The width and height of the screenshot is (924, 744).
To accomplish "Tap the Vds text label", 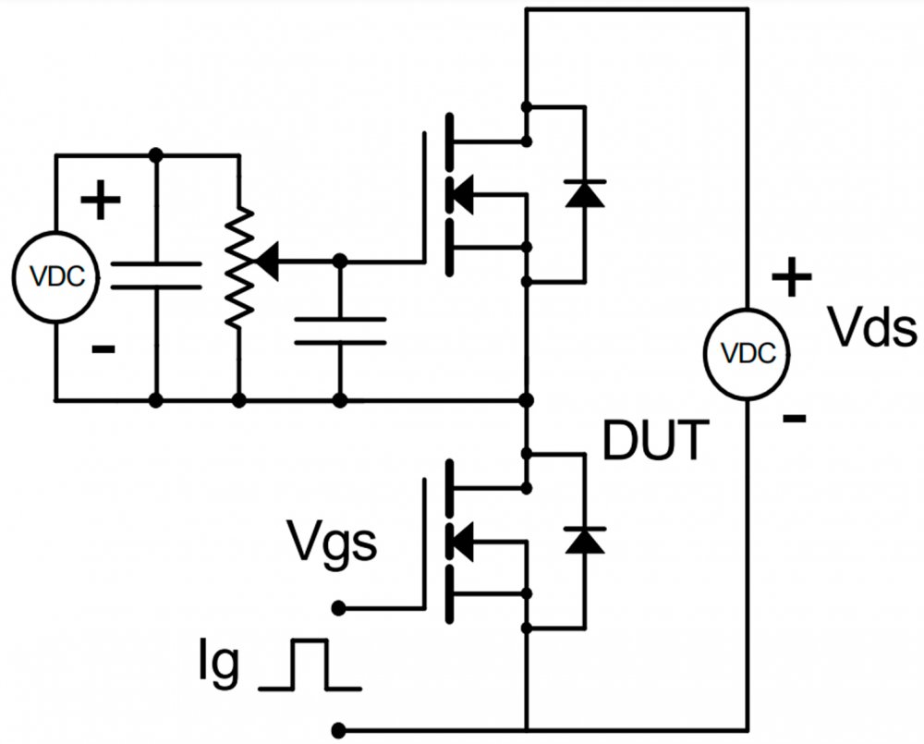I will tap(871, 329).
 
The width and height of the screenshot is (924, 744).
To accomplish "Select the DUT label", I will tap(657, 441).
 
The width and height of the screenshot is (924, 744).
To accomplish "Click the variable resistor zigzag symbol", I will tap(239, 268).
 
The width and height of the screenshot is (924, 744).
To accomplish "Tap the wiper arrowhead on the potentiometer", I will tap(267, 262).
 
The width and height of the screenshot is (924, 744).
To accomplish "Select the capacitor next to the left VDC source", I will tap(155, 274).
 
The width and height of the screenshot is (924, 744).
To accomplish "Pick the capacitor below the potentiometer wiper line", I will tap(340, 330).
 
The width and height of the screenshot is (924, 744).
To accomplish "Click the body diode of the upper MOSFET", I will tap(584, 194).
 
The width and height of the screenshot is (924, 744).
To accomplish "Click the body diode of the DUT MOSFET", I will tap(584, 540).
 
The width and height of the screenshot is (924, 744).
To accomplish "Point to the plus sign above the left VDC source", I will tap(101, 201).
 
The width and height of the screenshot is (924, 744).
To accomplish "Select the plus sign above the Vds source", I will tap(791, 276).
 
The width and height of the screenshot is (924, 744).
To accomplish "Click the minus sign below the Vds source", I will tap(793, 419).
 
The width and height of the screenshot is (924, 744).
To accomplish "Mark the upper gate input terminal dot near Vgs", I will tap(340, 607).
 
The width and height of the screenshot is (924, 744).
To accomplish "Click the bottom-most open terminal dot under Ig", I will tap(340, 728).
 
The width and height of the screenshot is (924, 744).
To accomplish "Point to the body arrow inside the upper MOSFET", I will tap(459, 194).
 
